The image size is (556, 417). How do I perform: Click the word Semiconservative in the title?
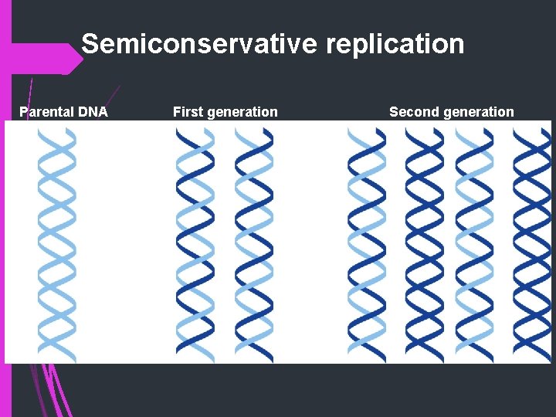[200, 44]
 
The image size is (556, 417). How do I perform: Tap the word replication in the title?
[395, 44]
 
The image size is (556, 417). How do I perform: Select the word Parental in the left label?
[47, 112]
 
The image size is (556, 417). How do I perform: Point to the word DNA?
[93, 112]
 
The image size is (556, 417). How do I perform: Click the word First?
[188, 112]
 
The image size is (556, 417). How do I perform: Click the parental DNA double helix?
[57, 243]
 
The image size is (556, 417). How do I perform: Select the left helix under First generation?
[195, 243]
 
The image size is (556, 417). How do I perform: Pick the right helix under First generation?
[254, 243]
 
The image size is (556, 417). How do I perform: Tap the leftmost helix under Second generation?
[366, 243]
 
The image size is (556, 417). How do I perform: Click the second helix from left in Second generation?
[424, 243]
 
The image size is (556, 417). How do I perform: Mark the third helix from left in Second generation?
[474, 243]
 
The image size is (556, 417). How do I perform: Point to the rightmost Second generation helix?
[532, 243]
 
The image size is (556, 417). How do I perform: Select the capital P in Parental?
[24, 112]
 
